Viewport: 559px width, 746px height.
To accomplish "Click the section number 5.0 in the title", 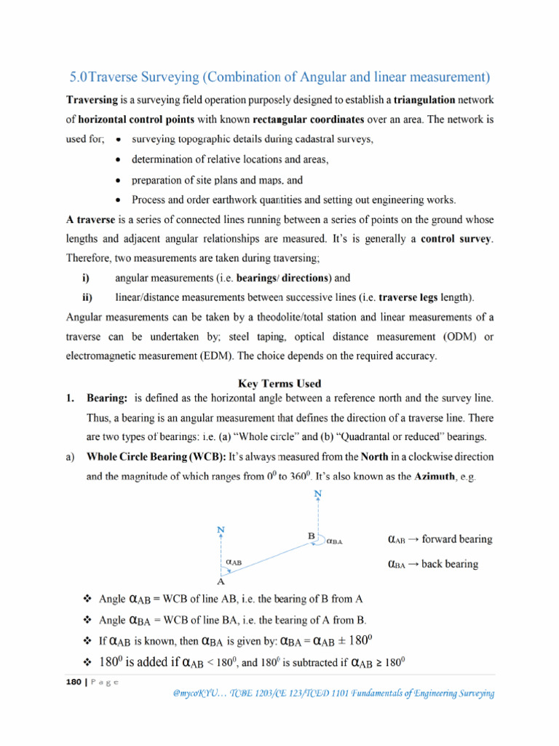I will tap(78, 76).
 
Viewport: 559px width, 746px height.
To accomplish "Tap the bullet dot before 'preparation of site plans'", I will tap(119, 180).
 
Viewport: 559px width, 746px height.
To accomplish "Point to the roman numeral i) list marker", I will tap(85, 278).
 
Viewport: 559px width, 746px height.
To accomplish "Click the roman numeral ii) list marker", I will tap(87, 297).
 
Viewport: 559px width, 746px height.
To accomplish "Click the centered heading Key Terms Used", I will tap(280, 382).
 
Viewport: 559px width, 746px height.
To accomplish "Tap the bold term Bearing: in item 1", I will tap(108, 398).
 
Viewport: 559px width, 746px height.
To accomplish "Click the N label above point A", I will tap(221, 530).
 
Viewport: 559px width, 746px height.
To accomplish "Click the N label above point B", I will tap(317, 494).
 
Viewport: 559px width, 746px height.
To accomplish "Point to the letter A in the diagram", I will tap(221, 581).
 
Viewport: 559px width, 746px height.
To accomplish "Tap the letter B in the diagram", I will tap(312, 536).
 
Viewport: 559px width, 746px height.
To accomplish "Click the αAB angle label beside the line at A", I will tap(234, 562).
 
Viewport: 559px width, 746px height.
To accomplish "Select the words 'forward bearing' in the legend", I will tap(456, 540).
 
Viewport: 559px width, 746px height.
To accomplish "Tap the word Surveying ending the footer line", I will tap(472, 694).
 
